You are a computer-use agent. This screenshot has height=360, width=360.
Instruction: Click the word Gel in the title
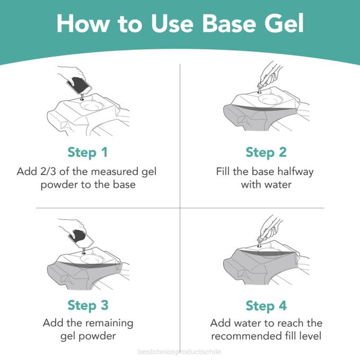click(284, 24)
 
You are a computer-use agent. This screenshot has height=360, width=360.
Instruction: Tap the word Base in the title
click(229, 24)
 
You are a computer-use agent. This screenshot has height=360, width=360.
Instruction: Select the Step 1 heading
click(87, 153)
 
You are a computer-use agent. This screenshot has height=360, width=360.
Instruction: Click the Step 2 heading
click(266, 153)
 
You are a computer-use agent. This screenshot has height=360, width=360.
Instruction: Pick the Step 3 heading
click(87, 305)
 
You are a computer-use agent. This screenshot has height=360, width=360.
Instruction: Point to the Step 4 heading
click(266, 305)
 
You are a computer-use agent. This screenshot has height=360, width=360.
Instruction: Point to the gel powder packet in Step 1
click(79, 85)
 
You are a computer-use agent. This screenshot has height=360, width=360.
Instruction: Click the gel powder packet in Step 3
click(81, 238)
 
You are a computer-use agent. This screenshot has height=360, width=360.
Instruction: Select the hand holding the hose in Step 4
click(272, 227)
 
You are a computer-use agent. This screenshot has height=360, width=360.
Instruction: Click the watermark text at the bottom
click(180, 352)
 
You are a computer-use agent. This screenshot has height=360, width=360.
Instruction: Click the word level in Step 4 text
click(310, 336)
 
